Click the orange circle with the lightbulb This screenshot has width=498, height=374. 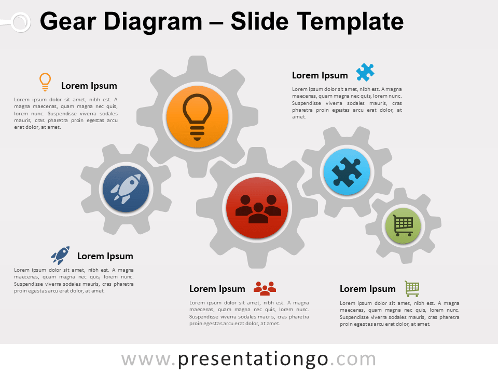point(197,117)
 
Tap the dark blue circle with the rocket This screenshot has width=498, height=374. point(126,189)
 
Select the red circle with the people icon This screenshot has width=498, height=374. point(258,208)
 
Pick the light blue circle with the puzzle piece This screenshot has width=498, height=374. point(346,172)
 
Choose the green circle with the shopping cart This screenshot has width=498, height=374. point(403,225)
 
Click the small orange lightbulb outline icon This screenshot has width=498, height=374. point(45,82)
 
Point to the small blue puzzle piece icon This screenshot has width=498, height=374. point(365,72)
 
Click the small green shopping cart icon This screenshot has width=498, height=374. point(412,288)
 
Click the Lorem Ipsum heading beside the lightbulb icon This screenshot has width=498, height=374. point(89,86)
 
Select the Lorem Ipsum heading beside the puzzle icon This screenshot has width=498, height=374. point(320,75)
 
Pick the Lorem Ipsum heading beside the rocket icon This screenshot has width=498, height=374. point(105,256)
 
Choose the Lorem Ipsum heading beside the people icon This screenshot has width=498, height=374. point(217,289)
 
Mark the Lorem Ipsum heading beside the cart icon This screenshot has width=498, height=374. point(367,289)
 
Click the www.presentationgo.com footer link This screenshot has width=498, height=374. point(248,359)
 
